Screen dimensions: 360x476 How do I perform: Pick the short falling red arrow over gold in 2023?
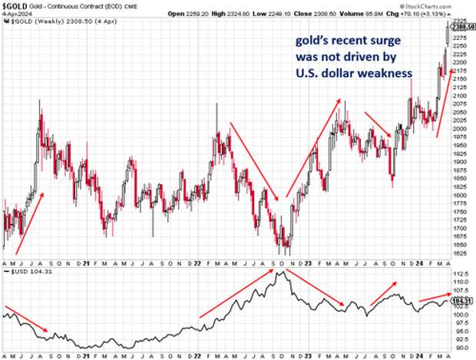(x=378, y=124)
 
